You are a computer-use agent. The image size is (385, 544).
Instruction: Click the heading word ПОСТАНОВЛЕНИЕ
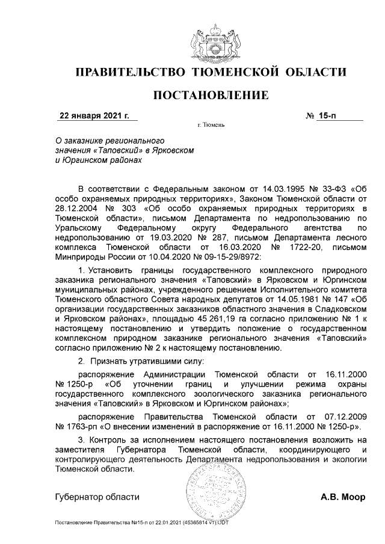pos(211,95)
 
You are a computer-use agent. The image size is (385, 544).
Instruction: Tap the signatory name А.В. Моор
pos(343,497)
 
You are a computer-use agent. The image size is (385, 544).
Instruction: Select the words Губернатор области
pos(97,497)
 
